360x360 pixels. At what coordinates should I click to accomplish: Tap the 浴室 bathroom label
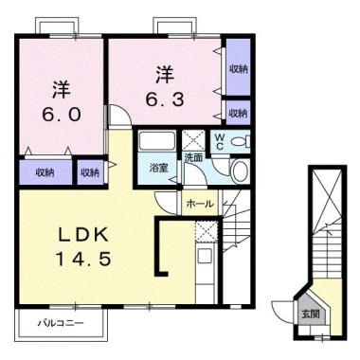[158, 168]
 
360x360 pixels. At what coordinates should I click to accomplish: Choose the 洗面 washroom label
[193, 156]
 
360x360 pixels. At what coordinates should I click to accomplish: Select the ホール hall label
[199, 203]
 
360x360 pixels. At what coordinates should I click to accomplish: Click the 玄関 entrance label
[311, 313]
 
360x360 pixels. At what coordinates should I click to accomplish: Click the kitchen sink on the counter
[206, 255]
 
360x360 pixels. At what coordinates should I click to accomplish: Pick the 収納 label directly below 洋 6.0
[45, 171]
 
